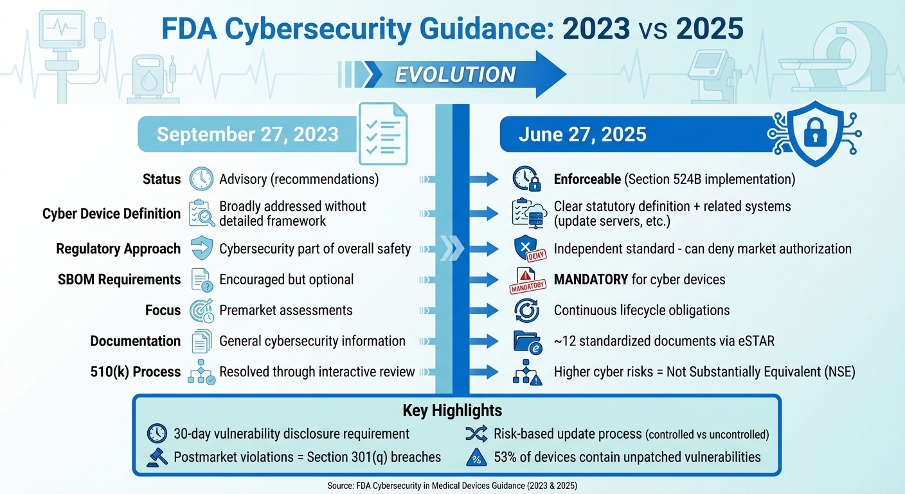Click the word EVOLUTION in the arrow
455,75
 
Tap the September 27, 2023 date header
247,134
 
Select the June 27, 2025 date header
582,134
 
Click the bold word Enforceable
587,179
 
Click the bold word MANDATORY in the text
591,280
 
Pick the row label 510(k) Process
136,371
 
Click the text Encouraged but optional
287,280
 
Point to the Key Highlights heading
452,410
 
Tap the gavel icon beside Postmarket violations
156,457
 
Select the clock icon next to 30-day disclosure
156,434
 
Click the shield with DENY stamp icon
526,249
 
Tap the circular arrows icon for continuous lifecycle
526,311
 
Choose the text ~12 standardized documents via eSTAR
664,341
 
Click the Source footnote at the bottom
452,484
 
